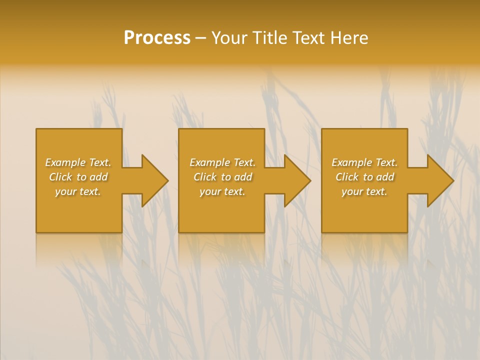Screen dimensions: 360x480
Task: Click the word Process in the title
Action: pyautogui.click(x=157, y=38)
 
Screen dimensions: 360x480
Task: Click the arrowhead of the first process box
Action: pyautogui.click(x=153, y=180)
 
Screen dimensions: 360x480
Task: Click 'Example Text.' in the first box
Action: pyautogui.click(x=78, y=162)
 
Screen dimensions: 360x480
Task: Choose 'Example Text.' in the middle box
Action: pyautogui.click(x=222, y=162)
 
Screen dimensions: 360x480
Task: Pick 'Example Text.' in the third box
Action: pyautogui.click(x=364, y=162)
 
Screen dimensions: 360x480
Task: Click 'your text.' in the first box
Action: pyautogui.click(x=78, y=191)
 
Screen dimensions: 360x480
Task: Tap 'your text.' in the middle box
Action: pyautogui.click(x=222, y=191)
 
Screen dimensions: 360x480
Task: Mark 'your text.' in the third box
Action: pyautogui.click(x=364, y=191)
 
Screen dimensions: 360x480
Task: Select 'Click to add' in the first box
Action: pyautogui.click(x=78, y=177)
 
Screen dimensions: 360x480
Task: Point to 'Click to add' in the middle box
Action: pyautogui.click(x=222, y=177)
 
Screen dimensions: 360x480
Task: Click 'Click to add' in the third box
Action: pyautogui.click(x=364, y=177)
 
